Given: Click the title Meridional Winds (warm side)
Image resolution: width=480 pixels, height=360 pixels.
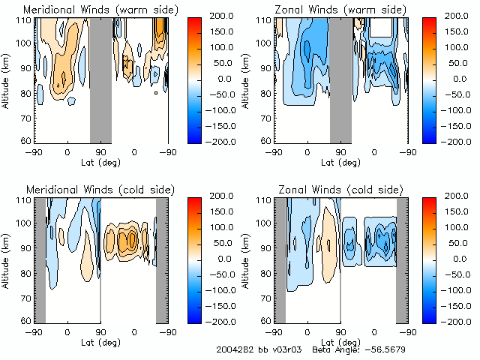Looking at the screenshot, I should [x=100, y=9].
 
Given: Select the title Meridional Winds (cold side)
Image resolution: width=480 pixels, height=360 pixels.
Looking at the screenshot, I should [x=100, y=189].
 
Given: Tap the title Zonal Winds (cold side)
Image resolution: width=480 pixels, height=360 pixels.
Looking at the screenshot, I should [x=341, y=189].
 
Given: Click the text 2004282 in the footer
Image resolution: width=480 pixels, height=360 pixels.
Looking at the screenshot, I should [x=234, y=349].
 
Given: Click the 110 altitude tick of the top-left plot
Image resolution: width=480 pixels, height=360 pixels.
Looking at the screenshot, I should [x=25, y=20].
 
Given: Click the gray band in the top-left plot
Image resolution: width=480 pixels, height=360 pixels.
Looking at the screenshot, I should [x=100, y=79].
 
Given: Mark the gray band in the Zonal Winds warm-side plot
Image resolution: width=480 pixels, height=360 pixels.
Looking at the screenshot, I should [x=340, y=79].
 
